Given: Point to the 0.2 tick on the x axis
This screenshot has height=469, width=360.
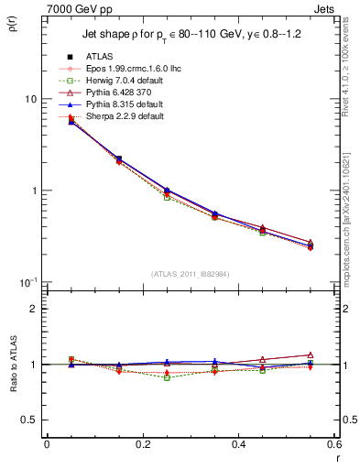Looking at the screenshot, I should [x=142, y=445].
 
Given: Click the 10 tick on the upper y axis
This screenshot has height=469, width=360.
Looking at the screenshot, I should [x=29, y=99].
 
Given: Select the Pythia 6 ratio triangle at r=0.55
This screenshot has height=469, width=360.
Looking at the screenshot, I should [x=311, y=354].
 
